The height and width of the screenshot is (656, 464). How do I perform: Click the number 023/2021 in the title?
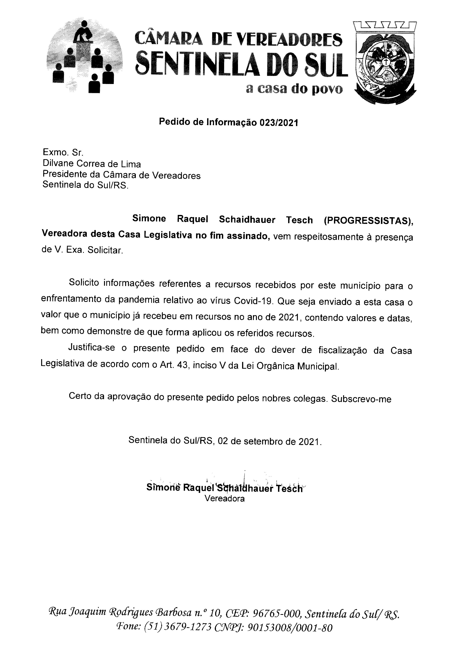tap(279, 123)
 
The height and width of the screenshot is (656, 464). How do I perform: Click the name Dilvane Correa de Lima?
tap(92, 164)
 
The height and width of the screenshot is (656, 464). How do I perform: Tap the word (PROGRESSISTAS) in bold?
tap(369, 220)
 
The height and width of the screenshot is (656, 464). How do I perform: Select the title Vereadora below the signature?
tap(225, 499)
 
